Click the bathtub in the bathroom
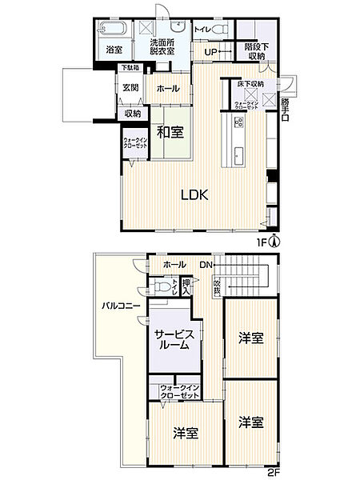112,30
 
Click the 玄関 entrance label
130,88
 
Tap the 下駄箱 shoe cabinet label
130,69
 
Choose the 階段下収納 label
256,52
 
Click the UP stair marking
212,53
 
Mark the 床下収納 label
250,83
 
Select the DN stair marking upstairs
205,265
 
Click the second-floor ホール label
174,265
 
